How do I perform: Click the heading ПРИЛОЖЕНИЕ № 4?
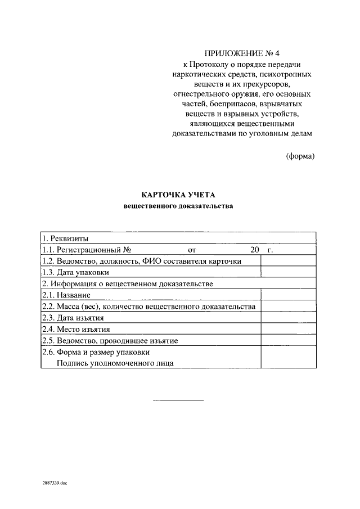click(x=242, y=54)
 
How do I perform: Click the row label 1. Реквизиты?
click(x=65, y=238)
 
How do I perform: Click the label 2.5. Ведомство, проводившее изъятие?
click(x=110, y=341)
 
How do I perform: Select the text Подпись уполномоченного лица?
click(x=115, y=363)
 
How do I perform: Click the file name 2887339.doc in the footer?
click(x=54, y=483)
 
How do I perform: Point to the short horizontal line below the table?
click(x=179, y=400)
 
